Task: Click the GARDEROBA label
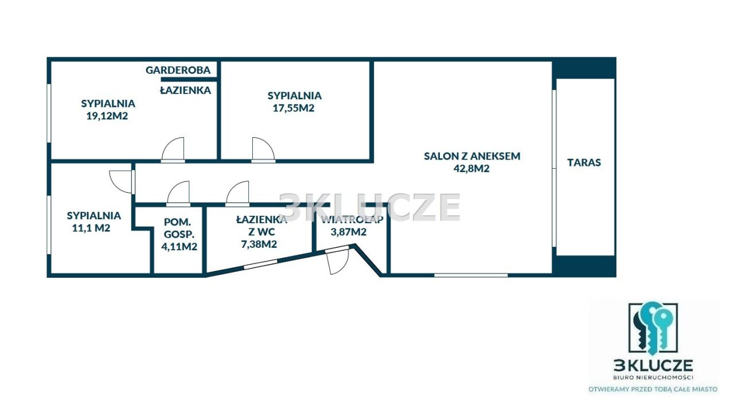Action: pos(178,70)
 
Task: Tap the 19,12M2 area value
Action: pos(107,116)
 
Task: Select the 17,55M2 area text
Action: pos(294,108)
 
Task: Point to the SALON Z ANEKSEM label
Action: pos(472,156)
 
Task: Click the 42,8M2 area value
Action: pos(471,168)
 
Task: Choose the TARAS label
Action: pos(584,162)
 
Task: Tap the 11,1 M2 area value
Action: pos(91,228)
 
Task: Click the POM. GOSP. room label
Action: pos(178,228)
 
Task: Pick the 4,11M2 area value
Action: pos(179,246)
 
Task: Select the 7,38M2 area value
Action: pos(259,244)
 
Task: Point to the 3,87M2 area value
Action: pos(348,232)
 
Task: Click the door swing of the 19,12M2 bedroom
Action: pos(173,149)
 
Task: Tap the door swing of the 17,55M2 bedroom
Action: pos(263,149)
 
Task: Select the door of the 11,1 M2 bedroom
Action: pos(121,181)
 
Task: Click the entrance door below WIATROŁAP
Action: pos(338,262)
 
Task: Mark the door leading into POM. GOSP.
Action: pos(178,193)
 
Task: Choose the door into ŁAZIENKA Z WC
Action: pos(237,193)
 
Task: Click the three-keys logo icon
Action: pos(653,328)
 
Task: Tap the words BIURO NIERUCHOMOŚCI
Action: pos(653,378)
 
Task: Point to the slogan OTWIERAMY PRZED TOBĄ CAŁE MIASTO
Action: pos(653,390)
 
